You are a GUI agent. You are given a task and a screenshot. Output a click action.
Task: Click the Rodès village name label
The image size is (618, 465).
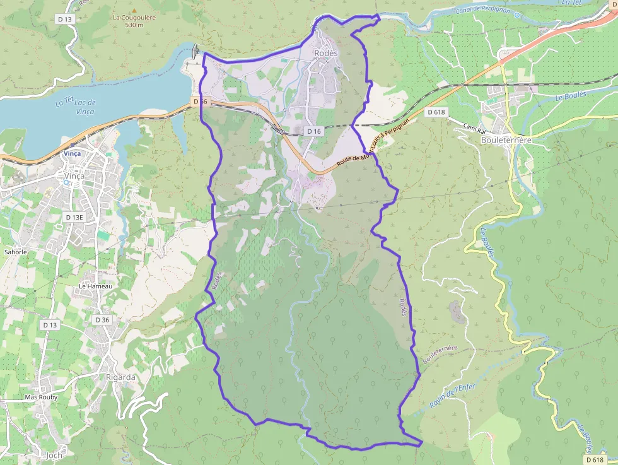coord(326,54)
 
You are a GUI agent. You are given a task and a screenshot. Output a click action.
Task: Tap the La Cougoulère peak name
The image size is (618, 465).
coord(133,18)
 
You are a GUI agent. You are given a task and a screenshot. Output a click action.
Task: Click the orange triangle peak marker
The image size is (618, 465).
coord(133,9)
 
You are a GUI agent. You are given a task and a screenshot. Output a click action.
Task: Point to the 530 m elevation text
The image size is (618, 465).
coord(134,25)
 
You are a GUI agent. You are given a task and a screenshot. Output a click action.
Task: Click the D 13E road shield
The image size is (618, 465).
coord(74,217)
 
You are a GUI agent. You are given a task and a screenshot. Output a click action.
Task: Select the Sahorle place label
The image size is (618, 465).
coord(16,252)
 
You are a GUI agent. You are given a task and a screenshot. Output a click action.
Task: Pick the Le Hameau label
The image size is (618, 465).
coord(95,286)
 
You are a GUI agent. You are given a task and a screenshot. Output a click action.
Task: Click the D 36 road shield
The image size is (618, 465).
coord(102,320)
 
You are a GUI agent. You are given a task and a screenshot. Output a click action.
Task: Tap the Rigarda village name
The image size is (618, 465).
coord(120,377)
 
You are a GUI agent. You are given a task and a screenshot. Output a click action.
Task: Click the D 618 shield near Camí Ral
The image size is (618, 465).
coord(436,112)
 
